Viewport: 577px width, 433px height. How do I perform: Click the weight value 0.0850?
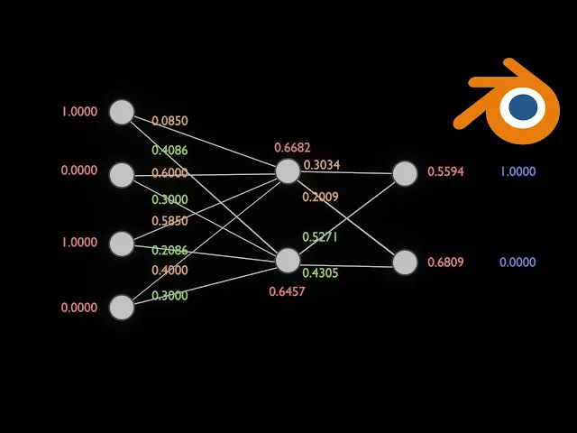click(169, 120)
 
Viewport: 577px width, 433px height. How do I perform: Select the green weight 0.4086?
click(169, 151)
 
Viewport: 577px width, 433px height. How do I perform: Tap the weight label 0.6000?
click(169, 173)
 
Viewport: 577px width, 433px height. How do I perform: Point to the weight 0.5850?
click(169, 221)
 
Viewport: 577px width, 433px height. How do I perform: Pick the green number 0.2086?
click(169, 250)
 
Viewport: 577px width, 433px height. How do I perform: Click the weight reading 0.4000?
click(169, 270)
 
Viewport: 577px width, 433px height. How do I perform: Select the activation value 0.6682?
click(292, 147)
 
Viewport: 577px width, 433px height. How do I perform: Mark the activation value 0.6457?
click(287, 291)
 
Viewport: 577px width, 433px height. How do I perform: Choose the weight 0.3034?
click(322, 164)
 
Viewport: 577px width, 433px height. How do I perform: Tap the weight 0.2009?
click(320, 197)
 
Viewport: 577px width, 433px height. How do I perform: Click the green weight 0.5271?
click(320, 236)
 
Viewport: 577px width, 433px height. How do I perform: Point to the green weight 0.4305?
click(320, 272)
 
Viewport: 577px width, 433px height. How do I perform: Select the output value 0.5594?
click(445, 171)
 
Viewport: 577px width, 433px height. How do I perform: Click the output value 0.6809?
click(445, 263)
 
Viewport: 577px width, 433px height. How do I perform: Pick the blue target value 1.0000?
click(517, 171)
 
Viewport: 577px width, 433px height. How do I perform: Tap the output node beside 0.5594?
click(405, 173)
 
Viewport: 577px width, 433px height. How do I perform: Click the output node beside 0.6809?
click(405, 263)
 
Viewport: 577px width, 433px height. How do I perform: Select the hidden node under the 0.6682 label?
click(288, 171)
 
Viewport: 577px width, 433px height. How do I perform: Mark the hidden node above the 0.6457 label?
click(288, 261)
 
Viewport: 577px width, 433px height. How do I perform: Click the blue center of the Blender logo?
click(523, 107)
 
